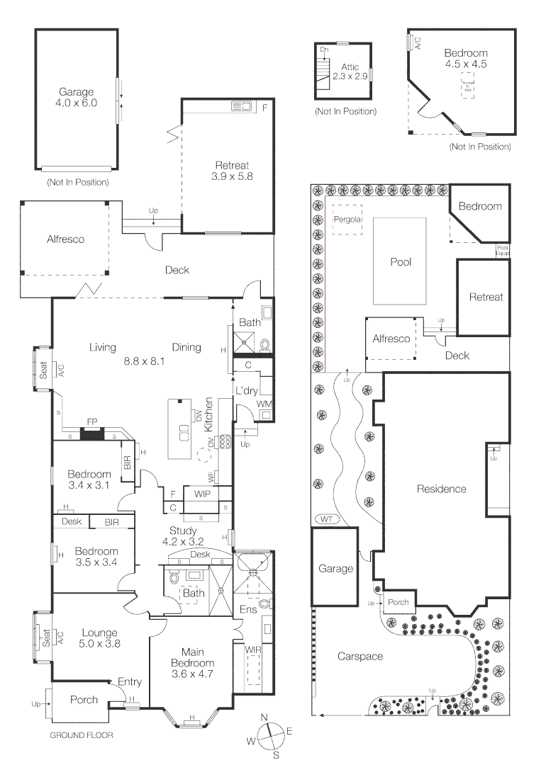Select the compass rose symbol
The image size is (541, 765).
269,737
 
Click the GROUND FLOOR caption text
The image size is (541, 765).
81,735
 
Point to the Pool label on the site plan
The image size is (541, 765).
401,262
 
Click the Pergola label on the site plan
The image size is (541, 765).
347,220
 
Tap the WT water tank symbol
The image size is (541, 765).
326,519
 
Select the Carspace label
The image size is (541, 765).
359,657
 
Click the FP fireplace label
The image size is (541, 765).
91,422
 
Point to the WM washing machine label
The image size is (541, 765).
263,404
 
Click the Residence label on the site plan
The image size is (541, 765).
441,489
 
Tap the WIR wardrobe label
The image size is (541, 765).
253,650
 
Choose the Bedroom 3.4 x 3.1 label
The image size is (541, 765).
89,480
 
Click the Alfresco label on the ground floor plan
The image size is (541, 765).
65,239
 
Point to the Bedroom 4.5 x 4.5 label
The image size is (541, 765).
466,58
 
